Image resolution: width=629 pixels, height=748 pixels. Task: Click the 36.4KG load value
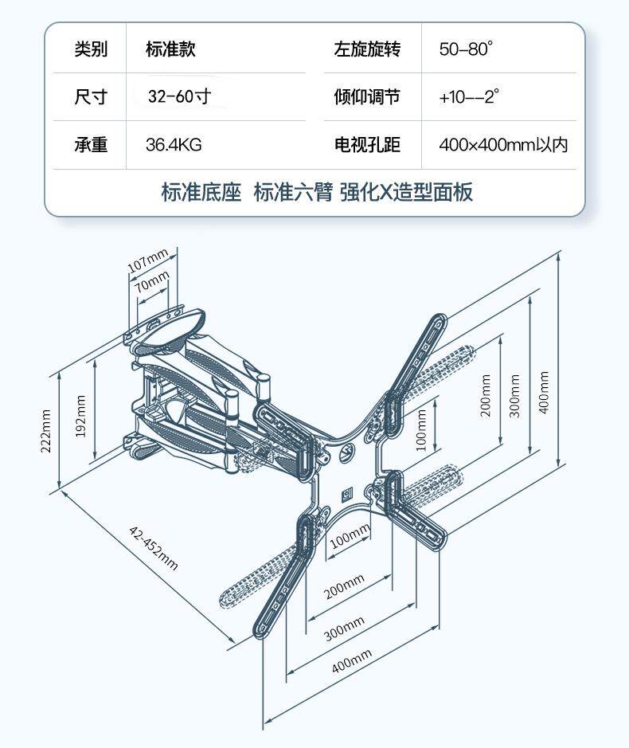(x=173, y=145)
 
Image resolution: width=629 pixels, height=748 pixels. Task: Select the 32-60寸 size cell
(x=179, y=97)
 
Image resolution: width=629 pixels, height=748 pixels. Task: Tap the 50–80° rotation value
(x=466, y=49)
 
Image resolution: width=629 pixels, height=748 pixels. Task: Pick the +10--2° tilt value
(x=468, y=97)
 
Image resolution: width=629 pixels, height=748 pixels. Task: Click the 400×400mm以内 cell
(x=503, y=145)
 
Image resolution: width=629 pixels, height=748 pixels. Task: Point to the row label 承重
(x=91, y=145)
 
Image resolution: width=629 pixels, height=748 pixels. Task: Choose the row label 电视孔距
(x=367, y=145)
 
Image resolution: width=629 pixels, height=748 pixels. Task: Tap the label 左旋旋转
(x=367, y=49)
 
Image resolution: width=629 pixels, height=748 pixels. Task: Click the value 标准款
(x=170, y=49)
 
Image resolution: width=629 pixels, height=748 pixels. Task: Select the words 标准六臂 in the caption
(x=292, y=193)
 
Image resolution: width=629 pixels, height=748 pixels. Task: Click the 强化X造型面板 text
(x=405, y=193)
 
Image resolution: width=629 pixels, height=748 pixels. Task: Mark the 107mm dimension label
(x=148, y=260)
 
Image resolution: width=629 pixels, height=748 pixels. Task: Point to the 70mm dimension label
(x=152, y=282)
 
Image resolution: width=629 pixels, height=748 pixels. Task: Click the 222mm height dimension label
(x=46, y=431)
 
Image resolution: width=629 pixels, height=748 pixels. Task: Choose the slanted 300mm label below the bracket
(x=344, y=629)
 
